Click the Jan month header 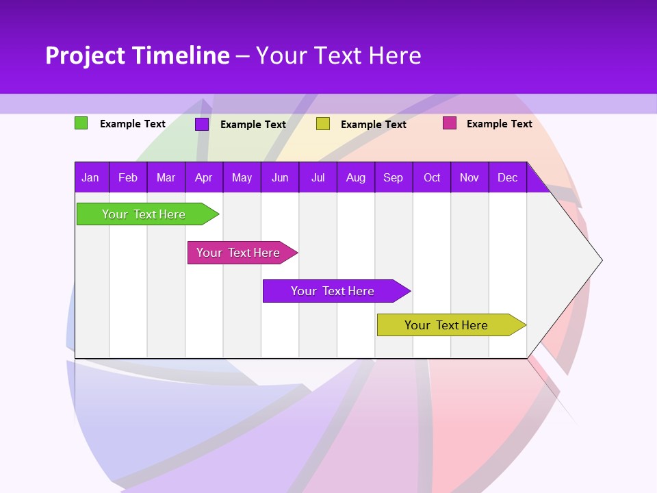[90, 177]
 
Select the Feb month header [128, 177]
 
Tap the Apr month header [203, 177]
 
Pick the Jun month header [280, 177]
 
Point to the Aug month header [355, 177]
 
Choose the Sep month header [393, 177]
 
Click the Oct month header [432, 177]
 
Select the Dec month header [507, 177]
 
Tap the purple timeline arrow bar [333, 291]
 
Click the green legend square [81, 123]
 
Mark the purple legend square [202, 124]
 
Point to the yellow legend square [323, 124]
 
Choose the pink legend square [449, 123]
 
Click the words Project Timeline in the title [137, 55]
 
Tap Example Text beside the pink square [499, 124]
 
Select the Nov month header [469, 177]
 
